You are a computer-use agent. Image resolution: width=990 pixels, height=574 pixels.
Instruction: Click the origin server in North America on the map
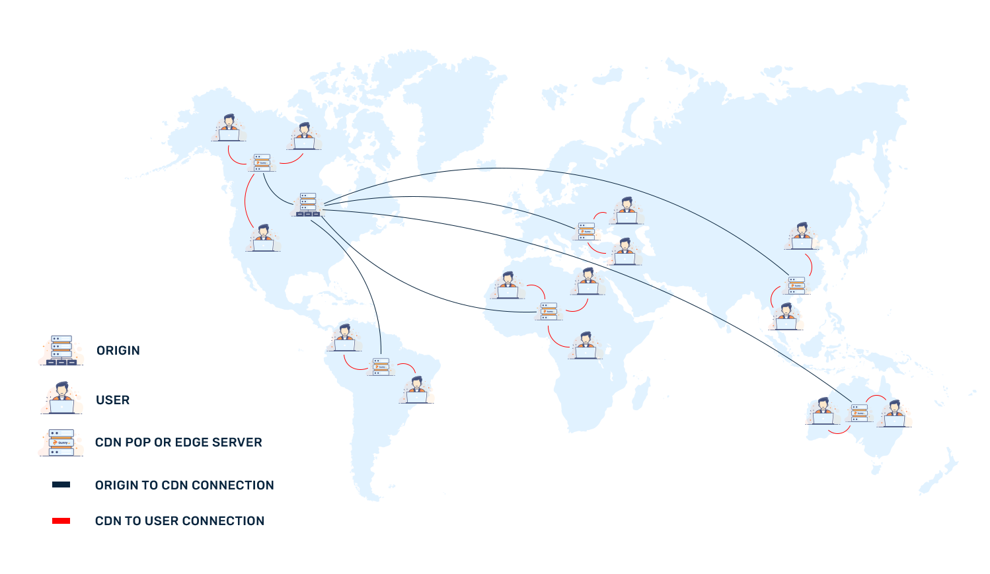click(308, 205)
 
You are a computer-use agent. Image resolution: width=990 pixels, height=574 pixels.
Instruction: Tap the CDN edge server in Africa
click(549, 311)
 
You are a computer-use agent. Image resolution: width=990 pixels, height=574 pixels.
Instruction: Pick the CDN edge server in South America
click(381, 367)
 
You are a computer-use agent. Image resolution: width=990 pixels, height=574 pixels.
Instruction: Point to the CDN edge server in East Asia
click(796, 285)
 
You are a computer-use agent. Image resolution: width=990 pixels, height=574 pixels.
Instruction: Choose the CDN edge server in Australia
click(859, 413)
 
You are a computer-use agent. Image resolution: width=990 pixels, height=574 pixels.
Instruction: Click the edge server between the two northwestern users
click(262, 162)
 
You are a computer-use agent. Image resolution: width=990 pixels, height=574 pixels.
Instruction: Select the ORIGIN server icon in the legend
click(61, 350)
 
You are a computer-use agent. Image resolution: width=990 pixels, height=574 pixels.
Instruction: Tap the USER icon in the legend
click(61, 398)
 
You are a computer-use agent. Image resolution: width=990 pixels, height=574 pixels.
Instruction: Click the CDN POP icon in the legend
click(61, 442)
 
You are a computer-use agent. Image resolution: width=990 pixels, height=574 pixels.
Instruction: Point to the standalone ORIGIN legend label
click(118, 350)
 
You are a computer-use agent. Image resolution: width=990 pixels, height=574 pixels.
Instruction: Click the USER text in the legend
click(113, 400)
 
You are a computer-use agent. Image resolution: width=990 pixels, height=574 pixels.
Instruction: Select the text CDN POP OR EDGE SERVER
click(178, 442)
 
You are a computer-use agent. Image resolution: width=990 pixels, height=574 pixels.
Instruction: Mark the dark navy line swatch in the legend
click(61, 484)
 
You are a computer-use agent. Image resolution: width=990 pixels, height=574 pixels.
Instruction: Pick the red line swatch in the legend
click(61, 520)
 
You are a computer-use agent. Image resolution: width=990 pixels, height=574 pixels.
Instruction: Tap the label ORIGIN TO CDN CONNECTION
click(184, 485)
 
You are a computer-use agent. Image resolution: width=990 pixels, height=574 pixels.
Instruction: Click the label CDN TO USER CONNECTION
click(180, 520)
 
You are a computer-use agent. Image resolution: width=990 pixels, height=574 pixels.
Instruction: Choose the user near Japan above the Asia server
click(802, 236)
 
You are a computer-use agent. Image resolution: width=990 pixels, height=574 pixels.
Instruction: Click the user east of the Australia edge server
click(895, 413)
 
